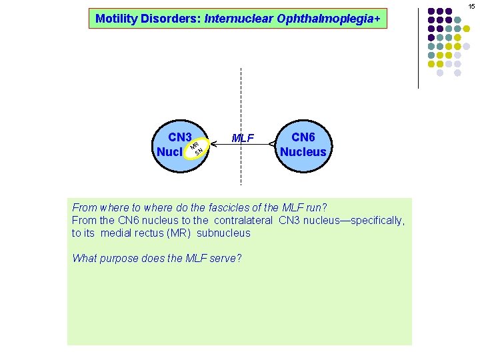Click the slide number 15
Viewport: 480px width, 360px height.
(471, 6)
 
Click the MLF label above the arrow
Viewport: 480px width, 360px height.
(243, 138)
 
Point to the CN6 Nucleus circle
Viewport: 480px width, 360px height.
(303, 145)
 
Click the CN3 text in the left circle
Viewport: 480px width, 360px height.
(180, 137)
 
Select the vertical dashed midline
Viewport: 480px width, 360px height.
(241, 100)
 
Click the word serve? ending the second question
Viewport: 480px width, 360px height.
(226, 258)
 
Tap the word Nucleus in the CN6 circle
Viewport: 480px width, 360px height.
(303, 151)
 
